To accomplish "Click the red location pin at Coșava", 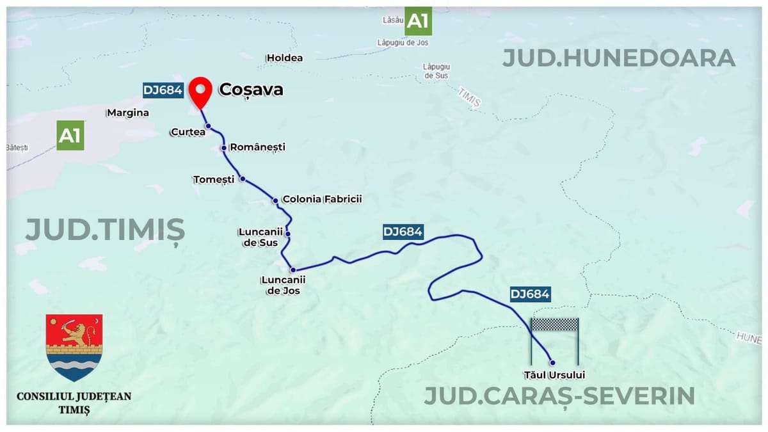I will point(203,91).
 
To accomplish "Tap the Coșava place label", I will point(251,90).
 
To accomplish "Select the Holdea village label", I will point(284,58).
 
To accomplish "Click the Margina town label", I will point(128,113).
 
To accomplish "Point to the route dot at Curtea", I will point(208,126).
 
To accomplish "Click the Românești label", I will point(257,147).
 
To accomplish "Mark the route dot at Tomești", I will point(243,179).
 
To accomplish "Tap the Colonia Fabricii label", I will point(322,199).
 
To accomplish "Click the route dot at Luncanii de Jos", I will point(292,270).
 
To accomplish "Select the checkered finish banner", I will point(555,324).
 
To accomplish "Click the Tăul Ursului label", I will point(554,375).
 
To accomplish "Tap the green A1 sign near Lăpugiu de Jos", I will point(418,22).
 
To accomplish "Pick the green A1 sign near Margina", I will point(70,136).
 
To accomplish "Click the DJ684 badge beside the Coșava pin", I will point(163,90).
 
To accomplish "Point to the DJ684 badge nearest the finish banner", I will point(530,294).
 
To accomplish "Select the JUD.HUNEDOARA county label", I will point(618,58).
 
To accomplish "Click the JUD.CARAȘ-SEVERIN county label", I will point(559,396).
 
